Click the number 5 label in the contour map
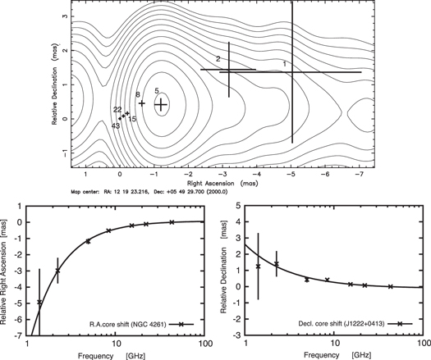click(x=157, y=91)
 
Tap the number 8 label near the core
click(x=138, y=95)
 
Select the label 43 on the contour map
click(x=116, y=125)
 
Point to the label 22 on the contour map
click(x=117, y=110)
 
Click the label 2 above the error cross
click(x=218, y=59)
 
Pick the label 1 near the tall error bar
click(x=285, y=63)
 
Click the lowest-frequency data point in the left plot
click(x=39, y=303)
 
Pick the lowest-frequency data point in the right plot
click(x=259, y=267)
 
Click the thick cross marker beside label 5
click(x=161, y=104)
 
